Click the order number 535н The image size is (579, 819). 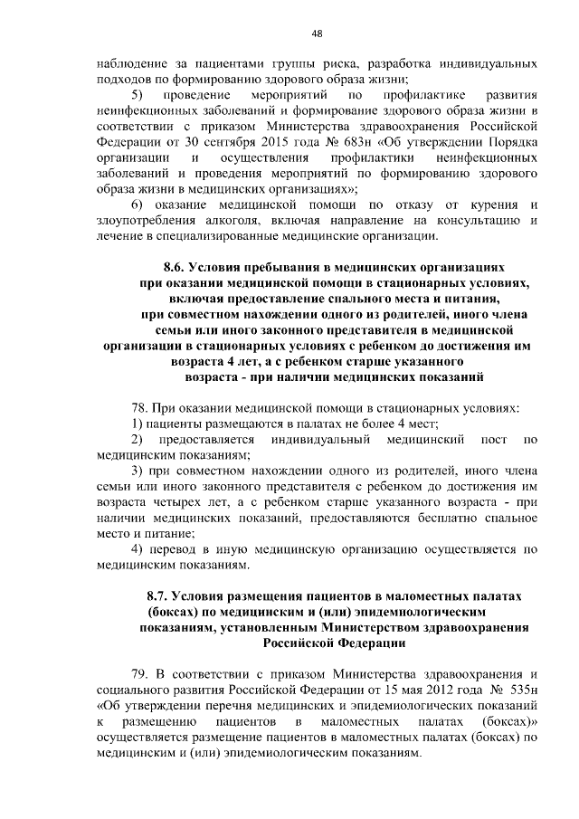click(x=518, y=690)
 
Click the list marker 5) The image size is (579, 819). click(x=138, y=95)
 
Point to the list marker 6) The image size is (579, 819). click(x=138, y=205)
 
